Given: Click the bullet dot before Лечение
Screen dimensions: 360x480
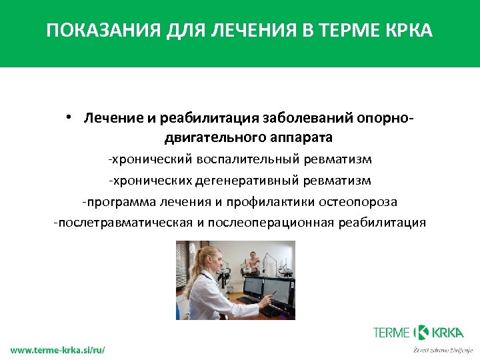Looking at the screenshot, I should [x=69, y=117].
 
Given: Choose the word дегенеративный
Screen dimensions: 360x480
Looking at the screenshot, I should [x=259, y=180].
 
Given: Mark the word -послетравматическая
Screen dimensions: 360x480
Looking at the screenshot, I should [x=123, y=222].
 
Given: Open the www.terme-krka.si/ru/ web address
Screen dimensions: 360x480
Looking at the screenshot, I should [x=57, y=349].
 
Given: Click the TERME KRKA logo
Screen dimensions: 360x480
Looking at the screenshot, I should [x=423, y=332].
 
